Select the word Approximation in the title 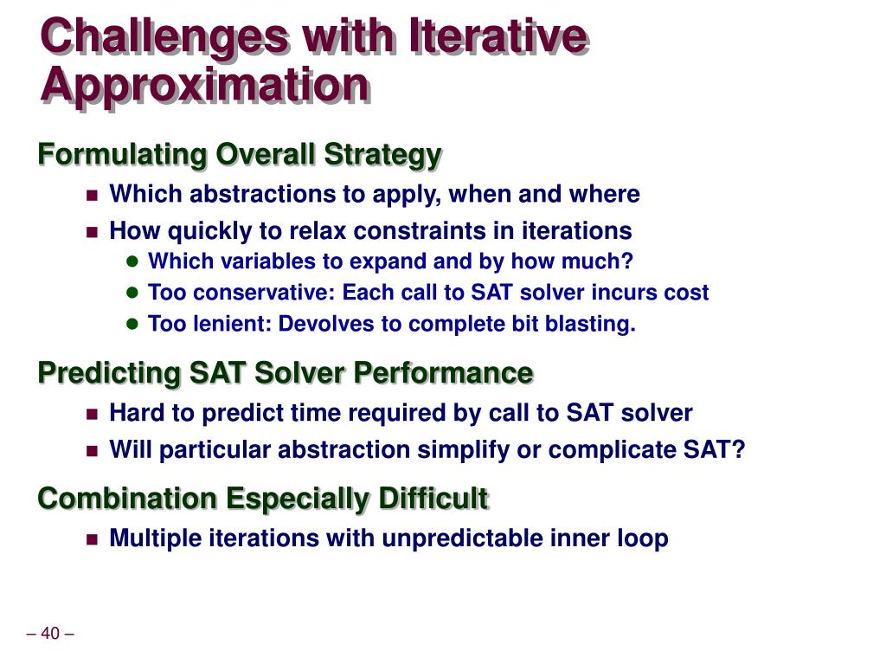coord(204,86)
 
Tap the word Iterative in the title coord(498,35)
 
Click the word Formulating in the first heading coord(122,155)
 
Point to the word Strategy coord(382,155)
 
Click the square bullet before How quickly coord(92,232)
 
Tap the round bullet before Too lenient coord(132,324)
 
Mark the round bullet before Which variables coord(132,261)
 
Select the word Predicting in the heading coord(109,374)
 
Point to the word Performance coord(443,373)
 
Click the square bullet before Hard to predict coord(92,414)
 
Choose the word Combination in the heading coord(127,499)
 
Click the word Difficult coord(433,499)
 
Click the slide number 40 coord(50,633)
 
